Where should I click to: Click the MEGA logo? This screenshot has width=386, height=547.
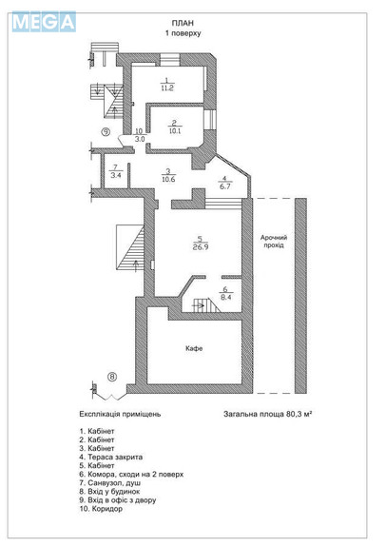click(44, 22)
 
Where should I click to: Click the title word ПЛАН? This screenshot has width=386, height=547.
click(183, 23)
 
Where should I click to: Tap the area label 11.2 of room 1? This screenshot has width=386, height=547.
click(167, 88)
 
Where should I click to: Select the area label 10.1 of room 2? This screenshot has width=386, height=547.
click(174, 131)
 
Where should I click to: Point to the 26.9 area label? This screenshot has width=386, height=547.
click(201, 247)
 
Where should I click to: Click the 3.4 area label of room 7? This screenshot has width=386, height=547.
click(116, 175)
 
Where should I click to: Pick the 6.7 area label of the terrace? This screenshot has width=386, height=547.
click(224, 186)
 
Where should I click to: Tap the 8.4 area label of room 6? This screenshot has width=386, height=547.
click(225, 298)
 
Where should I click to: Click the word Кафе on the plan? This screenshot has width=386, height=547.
click(194, 348)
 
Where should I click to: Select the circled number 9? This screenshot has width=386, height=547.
click(106, 131)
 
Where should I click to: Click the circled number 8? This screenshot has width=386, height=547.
click(112, 377)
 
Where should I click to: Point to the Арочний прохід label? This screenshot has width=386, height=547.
click(274, 241)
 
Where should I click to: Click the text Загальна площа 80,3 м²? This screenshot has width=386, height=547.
click(267, 414)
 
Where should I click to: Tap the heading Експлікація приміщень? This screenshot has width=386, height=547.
click(120, 414)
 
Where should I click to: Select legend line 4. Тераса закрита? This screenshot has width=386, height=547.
click(111, 457)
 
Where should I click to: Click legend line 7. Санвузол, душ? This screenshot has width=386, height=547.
click(110, 483)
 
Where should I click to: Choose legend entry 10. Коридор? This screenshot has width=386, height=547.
click(101, 509)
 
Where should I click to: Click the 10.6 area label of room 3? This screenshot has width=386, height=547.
click(168, 179)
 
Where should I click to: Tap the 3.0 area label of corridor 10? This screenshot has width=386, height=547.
click(140, 139)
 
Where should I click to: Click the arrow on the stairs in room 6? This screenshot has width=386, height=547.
click(199, 305)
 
